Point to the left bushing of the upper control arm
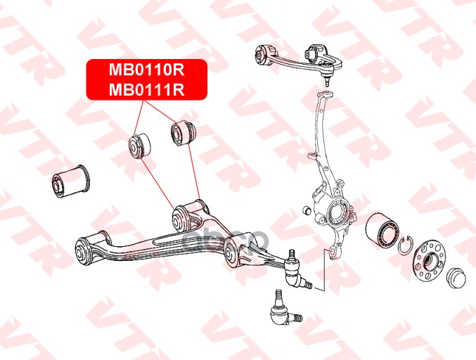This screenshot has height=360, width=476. [266, 54]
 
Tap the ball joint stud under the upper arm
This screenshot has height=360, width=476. [328, 79]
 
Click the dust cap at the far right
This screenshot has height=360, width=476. [456, 276]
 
